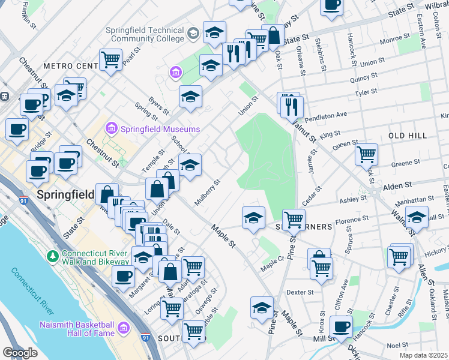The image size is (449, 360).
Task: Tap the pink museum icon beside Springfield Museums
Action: point(110,128)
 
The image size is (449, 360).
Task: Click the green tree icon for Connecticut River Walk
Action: point(52,256)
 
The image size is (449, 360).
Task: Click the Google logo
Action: point(20,353)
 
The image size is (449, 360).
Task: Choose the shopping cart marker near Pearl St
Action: point(111,59)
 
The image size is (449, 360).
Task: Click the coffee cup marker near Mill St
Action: point(342,326)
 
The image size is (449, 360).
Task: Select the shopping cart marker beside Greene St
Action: point(366,154)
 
